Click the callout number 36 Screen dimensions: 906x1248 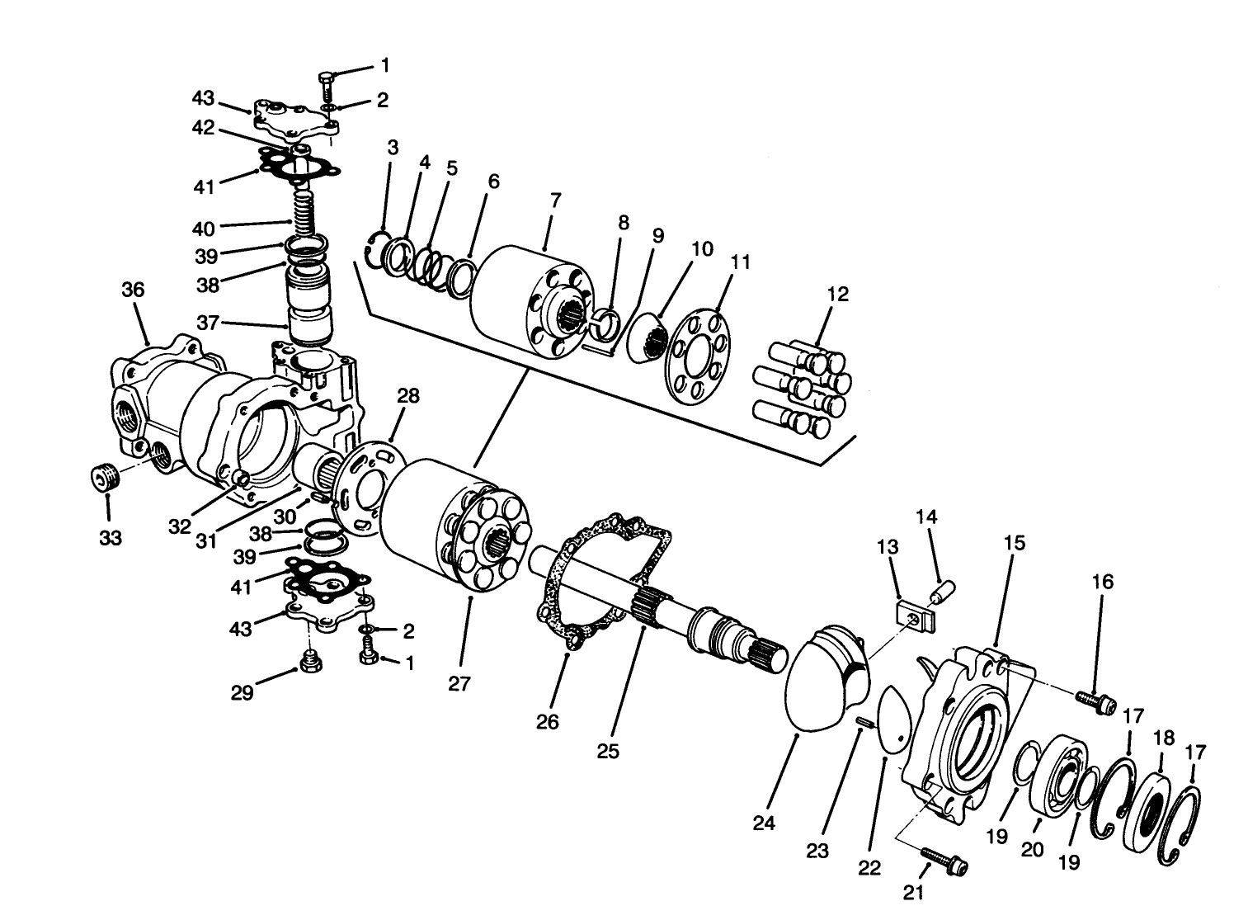tap(133, 290)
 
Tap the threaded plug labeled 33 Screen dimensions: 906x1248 tap(103, 477)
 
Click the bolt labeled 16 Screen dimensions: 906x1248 tap(1095, 701)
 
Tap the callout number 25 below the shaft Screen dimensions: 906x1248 tap(609, 752)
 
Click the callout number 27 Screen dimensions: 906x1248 tap(459, 684)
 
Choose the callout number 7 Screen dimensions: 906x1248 tap(555, 201)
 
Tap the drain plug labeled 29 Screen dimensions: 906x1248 tap(310, 663)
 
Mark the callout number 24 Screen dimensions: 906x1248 tap(764, 823)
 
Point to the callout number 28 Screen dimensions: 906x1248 tap(407, 396)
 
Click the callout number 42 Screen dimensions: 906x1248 tap(203, 128)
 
